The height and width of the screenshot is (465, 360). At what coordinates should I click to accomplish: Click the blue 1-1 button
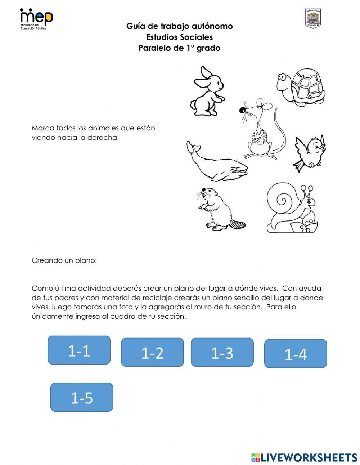click(x=79, y=350)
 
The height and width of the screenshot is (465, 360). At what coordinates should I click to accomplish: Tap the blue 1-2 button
click(x=152, y=352)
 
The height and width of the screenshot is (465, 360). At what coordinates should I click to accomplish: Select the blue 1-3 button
click(x=222, y=352)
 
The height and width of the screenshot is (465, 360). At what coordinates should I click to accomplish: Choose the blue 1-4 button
click(x=296, y=354)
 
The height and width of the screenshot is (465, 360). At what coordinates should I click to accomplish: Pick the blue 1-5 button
click(x=82, y=397)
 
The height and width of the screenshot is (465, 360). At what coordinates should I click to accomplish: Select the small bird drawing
click(x=310, y=152)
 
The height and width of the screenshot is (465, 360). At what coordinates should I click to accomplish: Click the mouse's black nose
click(x=243, y=109)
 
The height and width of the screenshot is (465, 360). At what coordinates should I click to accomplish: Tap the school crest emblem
click(x=312, y=18)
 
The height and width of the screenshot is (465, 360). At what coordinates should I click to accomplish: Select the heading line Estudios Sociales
click(x=179, y=37)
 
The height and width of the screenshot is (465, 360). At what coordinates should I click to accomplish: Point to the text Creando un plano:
click(x=64, y=260)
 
